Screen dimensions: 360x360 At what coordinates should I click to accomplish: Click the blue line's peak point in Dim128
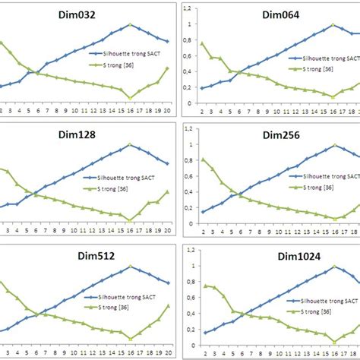130,144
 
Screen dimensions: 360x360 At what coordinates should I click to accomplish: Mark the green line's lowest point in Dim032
130,97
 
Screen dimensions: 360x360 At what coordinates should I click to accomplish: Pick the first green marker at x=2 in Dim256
203,159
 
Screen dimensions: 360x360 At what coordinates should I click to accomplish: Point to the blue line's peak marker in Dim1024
333,267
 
